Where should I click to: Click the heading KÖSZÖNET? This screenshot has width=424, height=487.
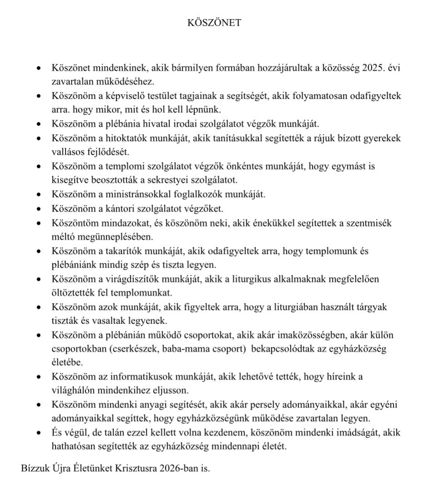pos(214,23)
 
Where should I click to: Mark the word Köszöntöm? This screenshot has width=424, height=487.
pos(73,223)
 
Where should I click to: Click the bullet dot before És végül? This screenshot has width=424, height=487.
pos(40,433)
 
